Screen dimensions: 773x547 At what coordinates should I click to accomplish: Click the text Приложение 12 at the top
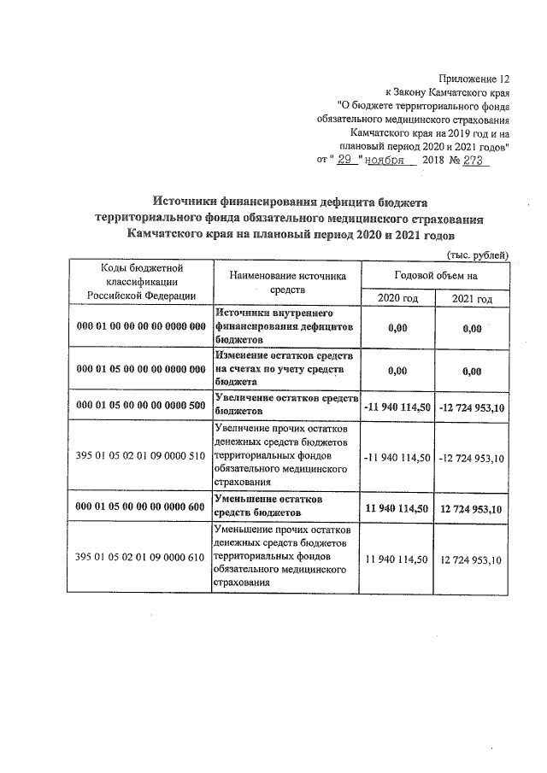(474, 78)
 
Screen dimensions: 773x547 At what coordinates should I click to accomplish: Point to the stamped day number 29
(344, 160)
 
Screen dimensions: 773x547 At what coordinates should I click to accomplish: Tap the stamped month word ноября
(389, 160)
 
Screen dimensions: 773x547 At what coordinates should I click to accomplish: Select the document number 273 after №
(475, 160)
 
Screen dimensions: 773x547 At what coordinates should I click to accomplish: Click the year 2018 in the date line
(438, 160)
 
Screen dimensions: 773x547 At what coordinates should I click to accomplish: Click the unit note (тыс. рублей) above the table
(478, 255)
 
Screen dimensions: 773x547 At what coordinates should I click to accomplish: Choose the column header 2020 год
(397, 298)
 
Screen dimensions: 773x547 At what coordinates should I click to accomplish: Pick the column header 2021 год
(472, 298)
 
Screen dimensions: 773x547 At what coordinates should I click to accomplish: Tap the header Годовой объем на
(436, 274)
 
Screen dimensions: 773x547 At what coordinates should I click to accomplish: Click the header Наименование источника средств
(286, 283)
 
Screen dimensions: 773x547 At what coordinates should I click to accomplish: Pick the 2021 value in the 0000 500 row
(472, 407)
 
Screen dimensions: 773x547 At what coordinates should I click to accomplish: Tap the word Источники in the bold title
(189, 201)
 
